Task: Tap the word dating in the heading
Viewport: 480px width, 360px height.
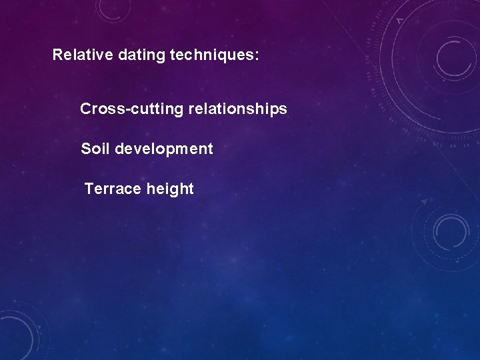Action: point(142,55)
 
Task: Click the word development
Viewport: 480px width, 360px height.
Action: point(164,149)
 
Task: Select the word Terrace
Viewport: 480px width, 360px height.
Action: point(113,189)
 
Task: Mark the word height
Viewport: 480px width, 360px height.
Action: point(171,189)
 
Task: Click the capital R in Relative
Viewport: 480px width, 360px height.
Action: point(57,55)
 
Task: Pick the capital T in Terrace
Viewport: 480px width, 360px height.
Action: point(89,189)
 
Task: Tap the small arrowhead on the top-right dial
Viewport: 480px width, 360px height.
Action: point(400,21)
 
